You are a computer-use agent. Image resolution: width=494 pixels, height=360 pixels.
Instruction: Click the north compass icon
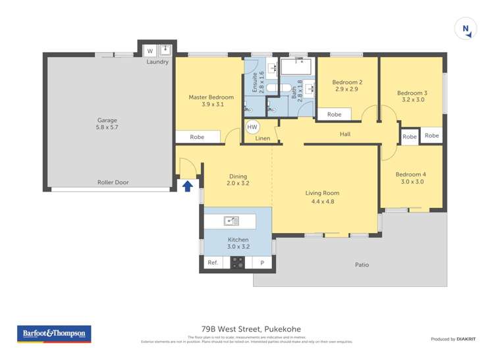tap(466, 28)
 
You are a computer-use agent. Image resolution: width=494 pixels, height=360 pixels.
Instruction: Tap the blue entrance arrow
tap(187, 186)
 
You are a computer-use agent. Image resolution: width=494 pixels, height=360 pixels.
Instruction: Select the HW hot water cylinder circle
tap(252, 126)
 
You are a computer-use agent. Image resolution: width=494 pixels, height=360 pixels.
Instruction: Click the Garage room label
tap(107, 120)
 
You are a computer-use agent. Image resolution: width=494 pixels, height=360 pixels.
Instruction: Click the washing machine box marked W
tap(150, 51)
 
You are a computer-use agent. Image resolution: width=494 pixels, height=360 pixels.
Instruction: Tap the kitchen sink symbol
tap(231, 221)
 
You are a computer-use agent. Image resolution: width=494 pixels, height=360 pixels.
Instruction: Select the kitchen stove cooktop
tap(237, 263)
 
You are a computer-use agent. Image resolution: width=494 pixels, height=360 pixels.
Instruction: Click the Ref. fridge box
tap(213, 263)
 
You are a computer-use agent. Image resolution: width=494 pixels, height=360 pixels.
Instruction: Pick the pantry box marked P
tap(262, 263)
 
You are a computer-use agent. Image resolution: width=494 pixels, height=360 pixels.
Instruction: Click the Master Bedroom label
tap(211, 97)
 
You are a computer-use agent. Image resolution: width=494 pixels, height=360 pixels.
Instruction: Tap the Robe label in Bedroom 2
tap(334, 115)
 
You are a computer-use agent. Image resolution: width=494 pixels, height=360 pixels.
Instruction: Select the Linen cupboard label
tap(262, 139)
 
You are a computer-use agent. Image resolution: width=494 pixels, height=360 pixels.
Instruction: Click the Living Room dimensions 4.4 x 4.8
tap(322, 201)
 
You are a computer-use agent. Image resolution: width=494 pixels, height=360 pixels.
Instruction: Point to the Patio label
tap(362, 265)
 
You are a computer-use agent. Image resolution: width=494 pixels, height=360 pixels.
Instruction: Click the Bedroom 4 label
tap(410, 174)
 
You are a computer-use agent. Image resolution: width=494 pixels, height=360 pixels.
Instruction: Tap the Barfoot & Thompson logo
tap(54, 334)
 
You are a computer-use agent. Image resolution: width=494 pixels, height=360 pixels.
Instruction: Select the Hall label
tap(344, 134)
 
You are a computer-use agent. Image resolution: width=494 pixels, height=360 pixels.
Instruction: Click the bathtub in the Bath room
tap(296, 66)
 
